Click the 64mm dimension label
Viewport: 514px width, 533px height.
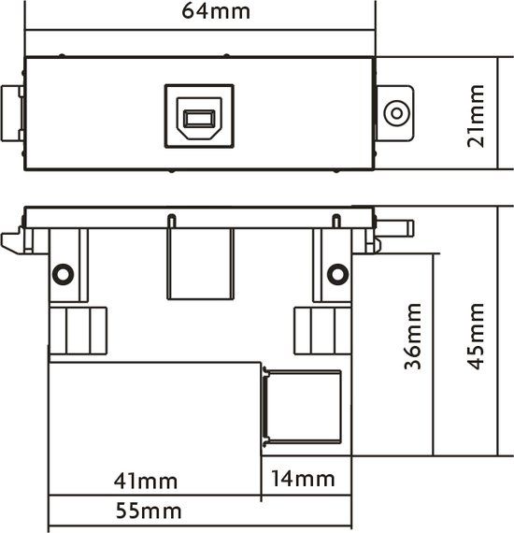pos(216,11)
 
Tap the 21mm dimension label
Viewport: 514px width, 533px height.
pos(476,116)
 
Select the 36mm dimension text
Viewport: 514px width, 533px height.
pos(413,337)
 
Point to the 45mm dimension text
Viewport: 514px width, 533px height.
pos(476,337)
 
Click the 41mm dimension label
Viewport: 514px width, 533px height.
pos(146,481)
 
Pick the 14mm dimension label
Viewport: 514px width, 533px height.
pos(303,479)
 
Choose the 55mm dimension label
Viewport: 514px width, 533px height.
pos(149,511)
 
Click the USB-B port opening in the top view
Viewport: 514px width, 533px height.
pos(199,119)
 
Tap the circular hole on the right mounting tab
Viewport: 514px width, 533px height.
pos(396,113)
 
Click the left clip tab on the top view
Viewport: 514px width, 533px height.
pos(12,113)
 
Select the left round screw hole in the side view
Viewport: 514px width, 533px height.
pos(63,274)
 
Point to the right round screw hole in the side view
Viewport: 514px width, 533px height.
pos(337,274)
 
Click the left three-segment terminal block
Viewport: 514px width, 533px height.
pos(79,331)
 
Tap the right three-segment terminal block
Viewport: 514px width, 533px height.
pos(322,331)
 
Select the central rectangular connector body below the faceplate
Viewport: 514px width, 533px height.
pos(200,264)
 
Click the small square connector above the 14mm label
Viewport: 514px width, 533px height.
pos(301,407)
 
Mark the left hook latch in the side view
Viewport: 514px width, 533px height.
pos(13,240)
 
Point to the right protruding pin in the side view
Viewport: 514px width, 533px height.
pos(394,228)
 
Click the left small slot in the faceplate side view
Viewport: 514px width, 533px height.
pos(172,221)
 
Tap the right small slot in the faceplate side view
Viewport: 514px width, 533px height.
pos(336,221)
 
